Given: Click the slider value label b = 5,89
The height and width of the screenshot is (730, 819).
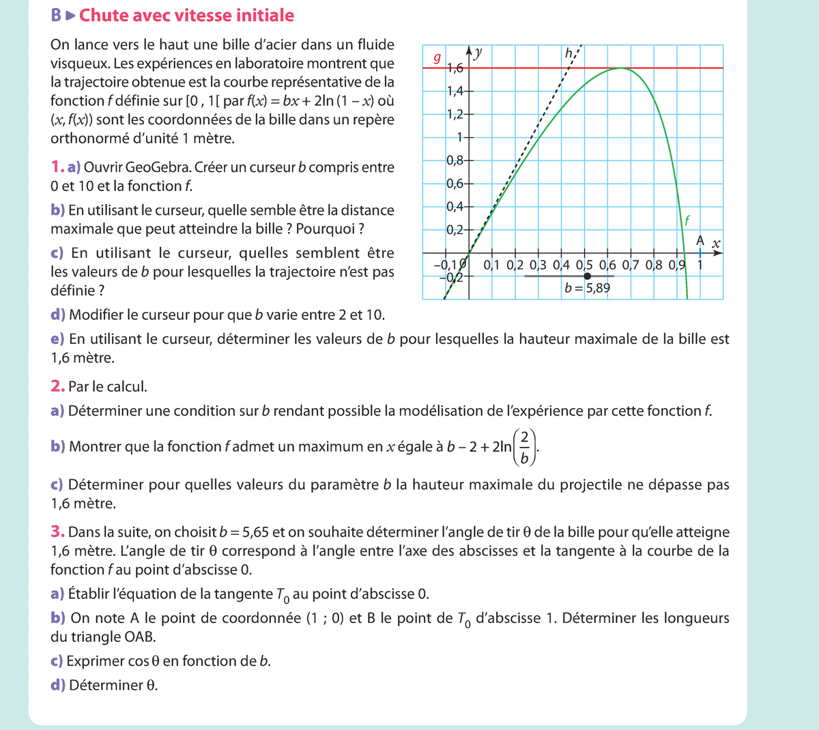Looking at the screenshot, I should click(x=588, y=288).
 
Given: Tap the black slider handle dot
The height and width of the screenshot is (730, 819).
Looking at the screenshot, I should click(x=587, y=276).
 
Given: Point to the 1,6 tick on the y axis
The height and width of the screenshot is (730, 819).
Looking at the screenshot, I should click(x=455, y=68).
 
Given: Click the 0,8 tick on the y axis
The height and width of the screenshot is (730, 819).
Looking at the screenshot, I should click(x=455, y=160).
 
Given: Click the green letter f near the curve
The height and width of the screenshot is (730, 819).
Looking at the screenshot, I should click(x=687, y=220).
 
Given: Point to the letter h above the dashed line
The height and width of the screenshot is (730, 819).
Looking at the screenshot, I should click(x=569, y=53).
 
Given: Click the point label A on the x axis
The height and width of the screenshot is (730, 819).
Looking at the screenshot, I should click(x=700, y=241).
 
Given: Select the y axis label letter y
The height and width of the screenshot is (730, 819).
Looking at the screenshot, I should click(x=479, y=52).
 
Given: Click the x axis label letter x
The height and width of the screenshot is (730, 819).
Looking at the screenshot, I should click(x=715, y=243).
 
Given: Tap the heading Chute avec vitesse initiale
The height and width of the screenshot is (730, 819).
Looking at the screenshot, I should click(x=187, y=16).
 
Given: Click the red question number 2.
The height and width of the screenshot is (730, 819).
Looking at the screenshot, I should click(x=57, y=386).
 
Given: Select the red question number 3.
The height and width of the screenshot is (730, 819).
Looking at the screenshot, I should click(x=57, y=532).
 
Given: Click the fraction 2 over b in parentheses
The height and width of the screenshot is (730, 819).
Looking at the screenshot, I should click(x=524, y=447).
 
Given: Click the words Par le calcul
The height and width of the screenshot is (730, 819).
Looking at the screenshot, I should click(x=108, y=387).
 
